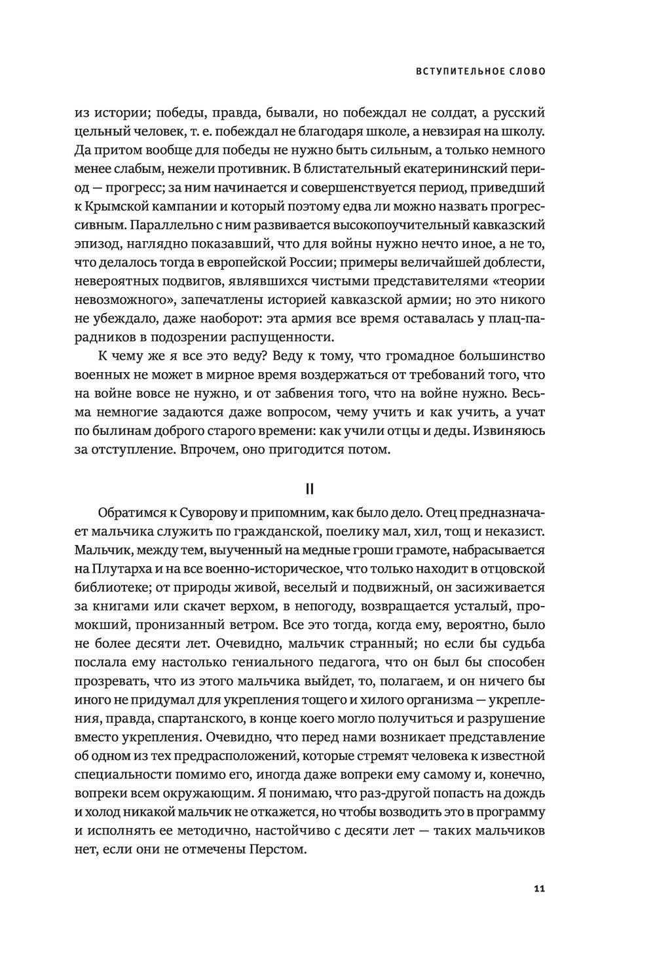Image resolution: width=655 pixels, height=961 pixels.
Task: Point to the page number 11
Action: click(539, 888)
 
